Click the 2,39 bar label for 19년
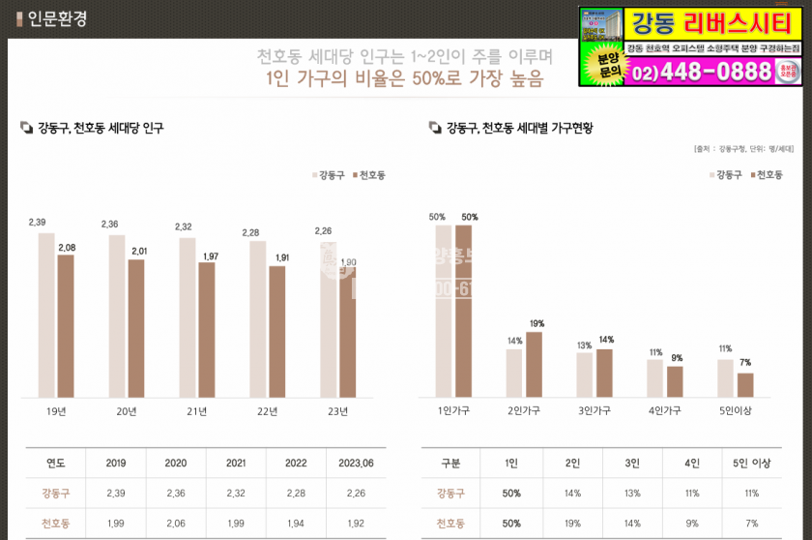coord(37,223)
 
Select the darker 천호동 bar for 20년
coord(136,327)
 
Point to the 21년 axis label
coord(197,411)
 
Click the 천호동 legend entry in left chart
coord(369,175)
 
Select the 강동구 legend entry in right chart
coord(726,174)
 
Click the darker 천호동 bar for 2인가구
coord(534,364)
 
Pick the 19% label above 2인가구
coord(536,323)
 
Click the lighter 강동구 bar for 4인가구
coord(655,377)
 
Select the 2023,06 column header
coord(355,464)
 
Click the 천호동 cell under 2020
coord(175,523)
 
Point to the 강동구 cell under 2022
coord(295,494)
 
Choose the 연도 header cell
coord(55,464)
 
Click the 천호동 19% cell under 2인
coord(572,523)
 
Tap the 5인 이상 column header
coord(752,464)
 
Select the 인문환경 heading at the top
coord(57,18)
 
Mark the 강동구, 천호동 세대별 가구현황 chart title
coord(518,127)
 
